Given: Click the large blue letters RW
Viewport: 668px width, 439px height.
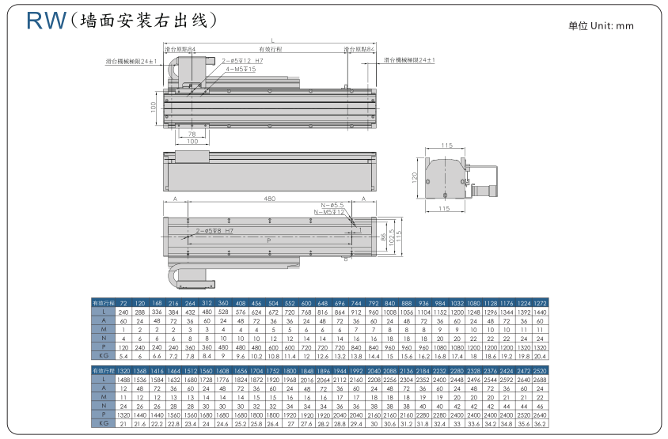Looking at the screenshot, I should point(45,21).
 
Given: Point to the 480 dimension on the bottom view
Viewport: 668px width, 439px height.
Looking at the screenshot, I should point(270,199).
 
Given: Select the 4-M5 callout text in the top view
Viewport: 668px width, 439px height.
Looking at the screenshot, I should point(240,69).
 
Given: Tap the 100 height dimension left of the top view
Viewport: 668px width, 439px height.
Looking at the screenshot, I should point(154,107).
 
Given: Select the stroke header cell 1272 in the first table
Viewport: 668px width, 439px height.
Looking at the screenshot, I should point(540,303).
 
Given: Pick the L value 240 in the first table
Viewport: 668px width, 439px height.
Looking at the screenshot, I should point(123,312).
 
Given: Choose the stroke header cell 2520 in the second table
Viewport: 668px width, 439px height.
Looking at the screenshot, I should point(540,370).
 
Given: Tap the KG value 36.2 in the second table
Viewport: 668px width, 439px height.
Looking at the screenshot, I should point(540,424).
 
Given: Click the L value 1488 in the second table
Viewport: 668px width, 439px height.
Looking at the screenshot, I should point(123,380).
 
